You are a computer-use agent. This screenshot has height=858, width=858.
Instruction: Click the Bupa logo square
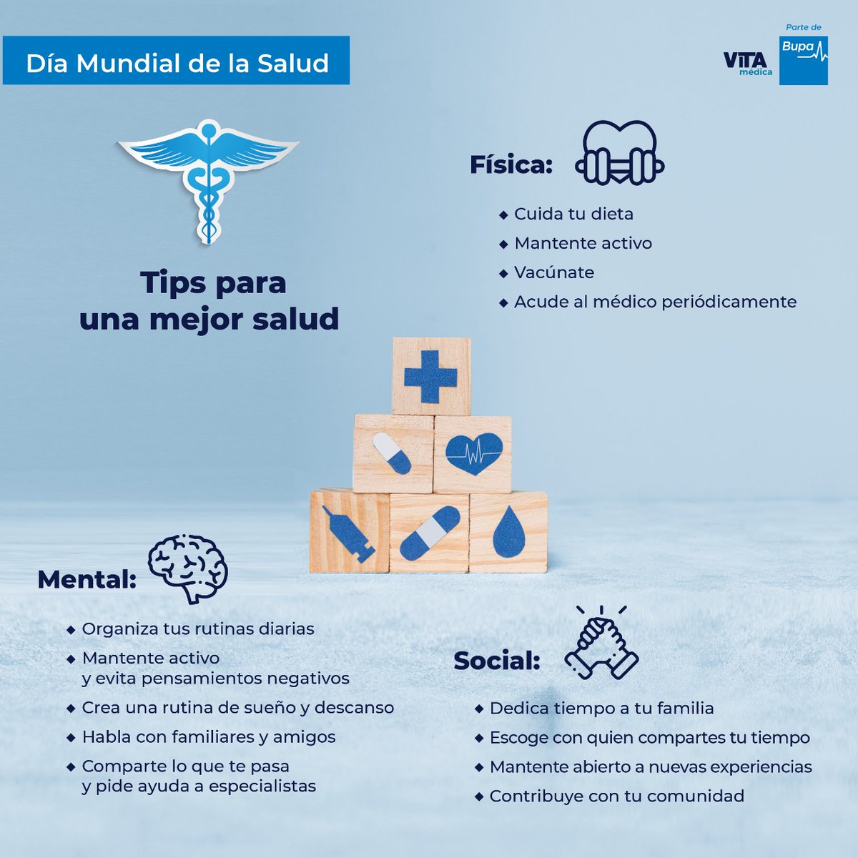pyautogui.click(x=803, y=60)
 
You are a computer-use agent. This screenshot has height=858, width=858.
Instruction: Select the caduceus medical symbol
pyautogui.click(x=208, y=179)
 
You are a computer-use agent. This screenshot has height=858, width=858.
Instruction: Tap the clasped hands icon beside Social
pyautogui.click(x=601, y=643)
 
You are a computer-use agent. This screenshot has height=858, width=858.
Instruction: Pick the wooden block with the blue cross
pyautogui.click(x=431, y=376)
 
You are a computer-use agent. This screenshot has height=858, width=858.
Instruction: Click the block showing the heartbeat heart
pyautogui.click(x=473, y=454)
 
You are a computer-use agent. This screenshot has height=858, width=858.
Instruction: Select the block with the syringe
pyautogui.click(x=349, y=532)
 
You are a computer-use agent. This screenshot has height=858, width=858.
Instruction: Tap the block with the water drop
pyautogui.click(x=509, y=532)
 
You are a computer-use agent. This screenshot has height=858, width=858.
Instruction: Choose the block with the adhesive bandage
pyautogui.click(x=429, y=533)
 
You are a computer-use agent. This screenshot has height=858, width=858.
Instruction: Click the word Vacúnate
pyautogui.click(x=554, y=272)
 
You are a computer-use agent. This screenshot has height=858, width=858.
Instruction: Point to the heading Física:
pyautogui.click(x=511, y=164)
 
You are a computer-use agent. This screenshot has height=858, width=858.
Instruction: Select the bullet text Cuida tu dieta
pyautogui.click(x=573, y=214)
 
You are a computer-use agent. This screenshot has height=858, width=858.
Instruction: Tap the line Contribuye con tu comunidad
pyautogui.click(x=616, y=796)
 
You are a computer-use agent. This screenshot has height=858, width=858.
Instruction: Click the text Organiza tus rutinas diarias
pyautogui.click(x=198, y=628)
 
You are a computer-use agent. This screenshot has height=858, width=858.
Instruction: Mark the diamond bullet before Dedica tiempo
pyautogui.click(x=479, y=709)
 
